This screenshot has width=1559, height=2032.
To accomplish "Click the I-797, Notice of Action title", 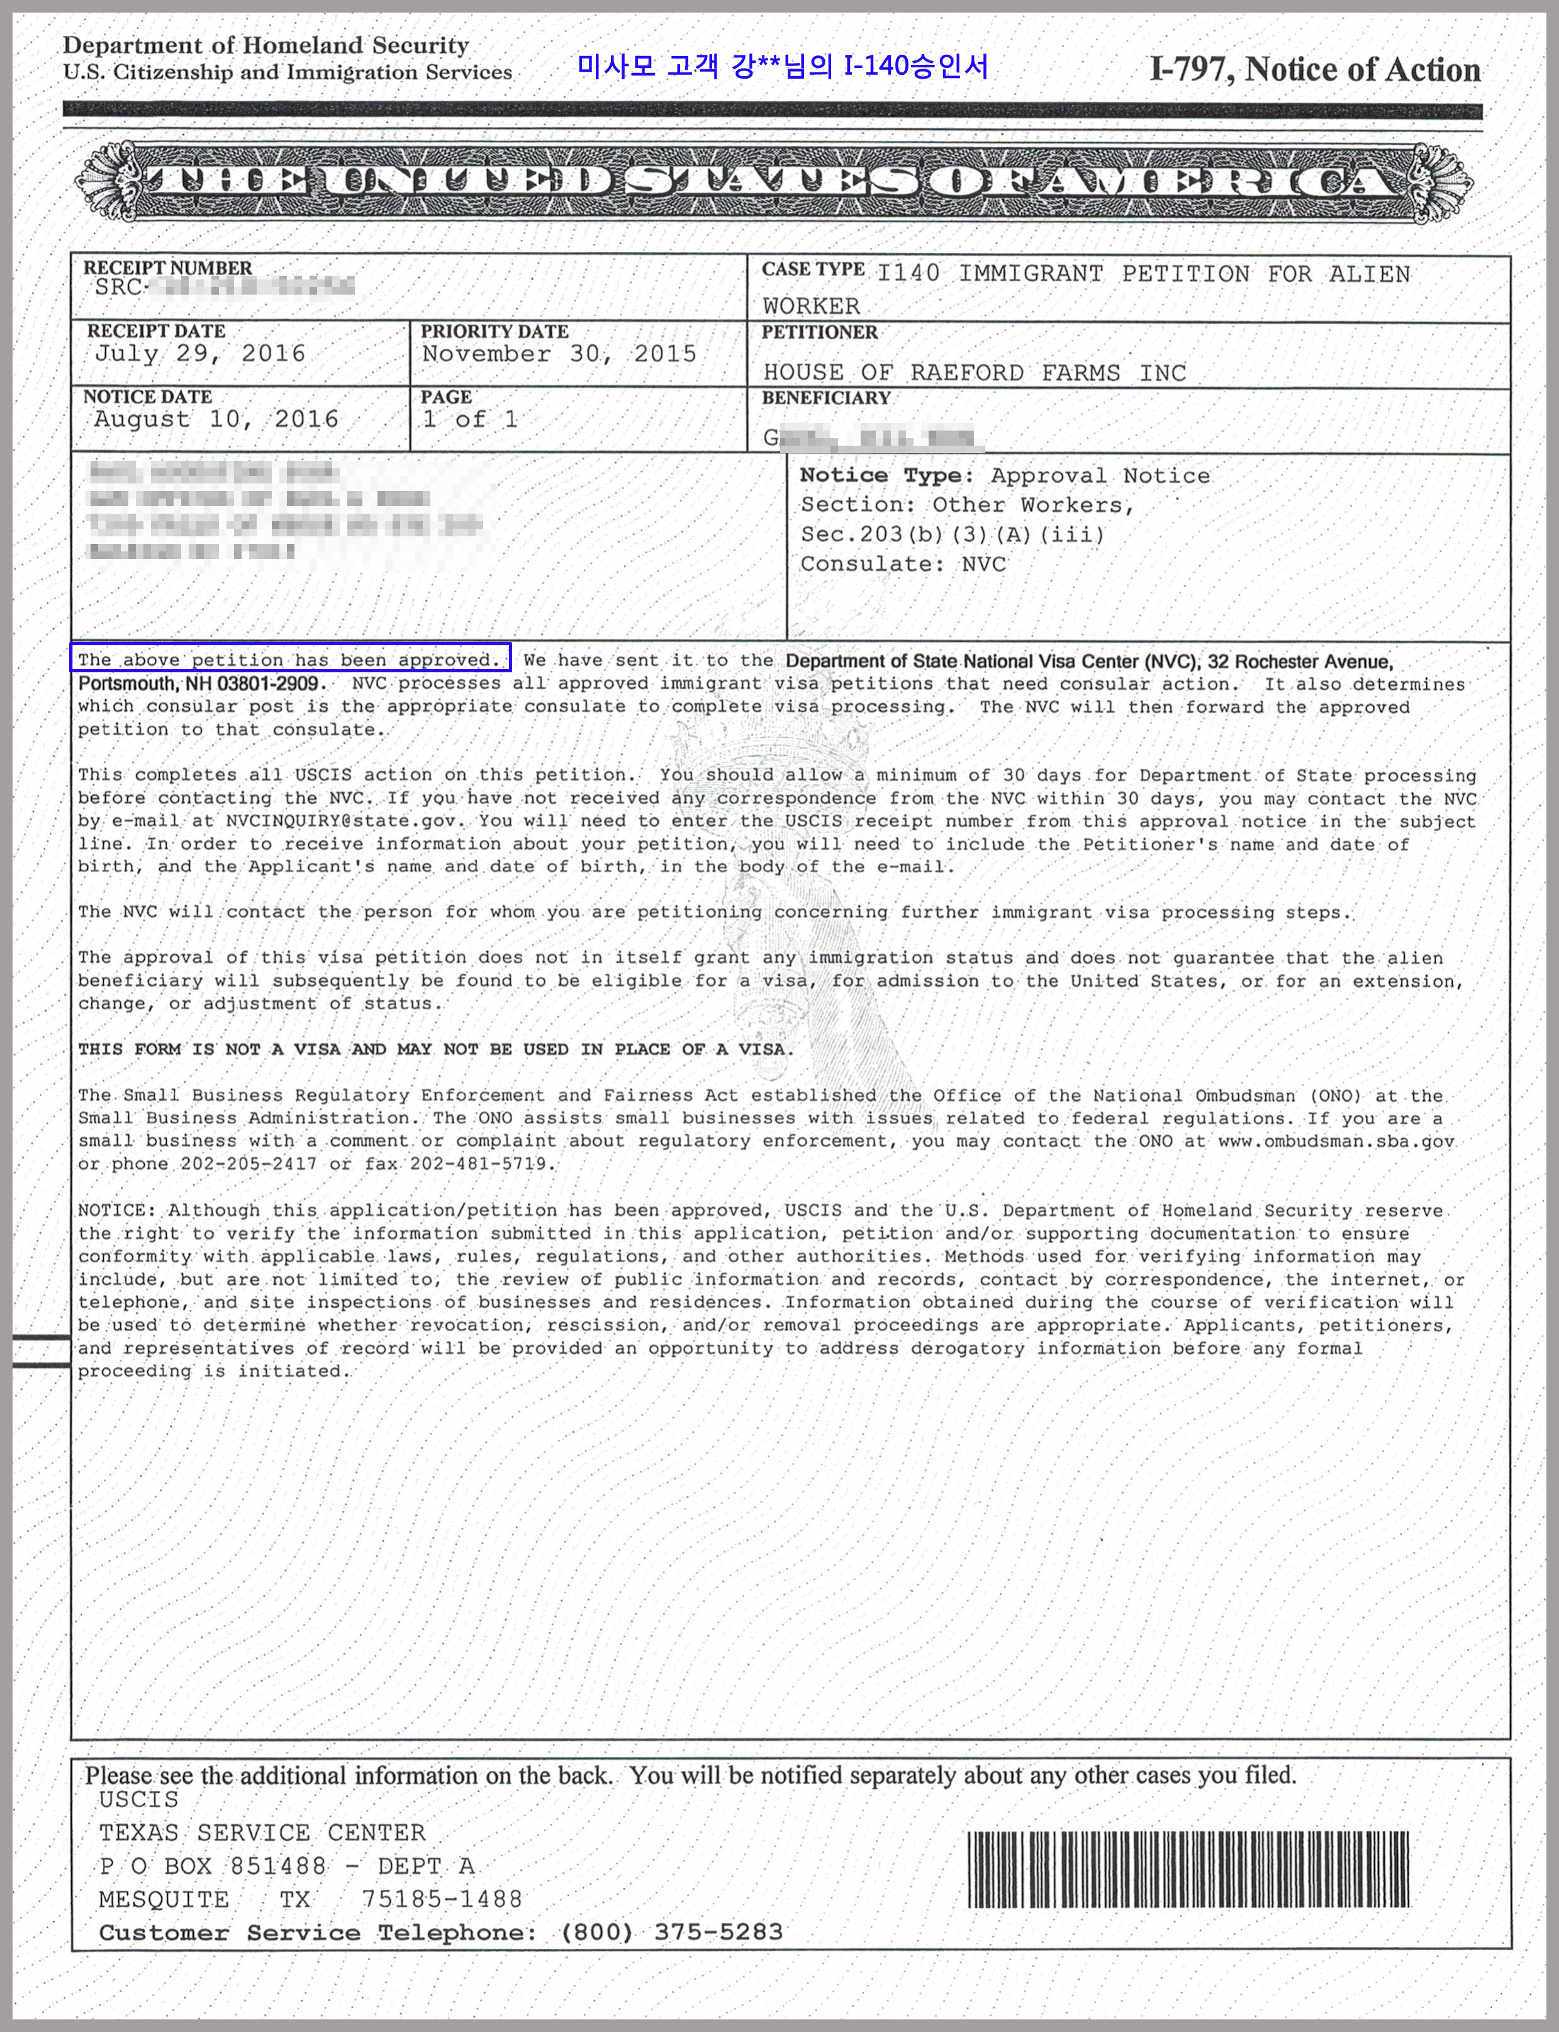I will [x=1314, y=70].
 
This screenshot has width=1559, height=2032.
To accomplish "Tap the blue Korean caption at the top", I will [x=782, y=66].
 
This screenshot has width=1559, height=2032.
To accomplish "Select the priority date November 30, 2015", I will [x=559, y=354].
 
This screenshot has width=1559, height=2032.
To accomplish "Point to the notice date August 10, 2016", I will [x=216, y=420].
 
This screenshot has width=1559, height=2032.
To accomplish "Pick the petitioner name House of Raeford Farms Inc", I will [x=975, y=373].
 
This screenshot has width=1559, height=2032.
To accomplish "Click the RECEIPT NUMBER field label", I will [x=168, y=268].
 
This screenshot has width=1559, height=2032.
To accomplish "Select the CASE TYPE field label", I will [x=813, y=269].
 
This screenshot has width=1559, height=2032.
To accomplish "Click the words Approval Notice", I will [x=1100, y=476].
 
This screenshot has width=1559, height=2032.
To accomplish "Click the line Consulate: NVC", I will [x=903, y=565].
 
